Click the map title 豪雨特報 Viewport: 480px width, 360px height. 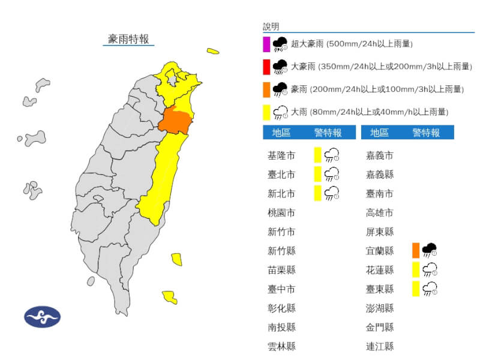coord(128,39)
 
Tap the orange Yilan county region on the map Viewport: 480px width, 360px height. coord(176,121)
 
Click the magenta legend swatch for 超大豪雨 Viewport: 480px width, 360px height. coord(266,44)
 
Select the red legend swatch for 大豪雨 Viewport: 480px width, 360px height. coord(266,67)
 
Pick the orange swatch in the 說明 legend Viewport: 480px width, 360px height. coord(266,89)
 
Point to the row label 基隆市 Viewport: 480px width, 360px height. coord(281,155)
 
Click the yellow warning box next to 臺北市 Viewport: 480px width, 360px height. coord(317,174)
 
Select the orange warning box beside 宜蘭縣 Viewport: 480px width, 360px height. coord(416,250)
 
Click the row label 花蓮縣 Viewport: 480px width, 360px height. coord(380,270)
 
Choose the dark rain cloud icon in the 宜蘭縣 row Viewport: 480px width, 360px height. coord(430,250)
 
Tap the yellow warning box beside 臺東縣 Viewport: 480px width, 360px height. coord(416,289)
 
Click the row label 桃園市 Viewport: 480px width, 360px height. coord(281,212)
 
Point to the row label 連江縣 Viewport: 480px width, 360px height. coord(380,346)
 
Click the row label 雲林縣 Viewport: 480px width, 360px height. coord(281,346)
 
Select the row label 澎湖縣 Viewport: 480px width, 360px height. coord(380,308)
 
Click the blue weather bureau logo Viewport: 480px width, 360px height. coord(43,316)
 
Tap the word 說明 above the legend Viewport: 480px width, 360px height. coord(271,26)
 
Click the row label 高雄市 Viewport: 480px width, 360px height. coord(380,212)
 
